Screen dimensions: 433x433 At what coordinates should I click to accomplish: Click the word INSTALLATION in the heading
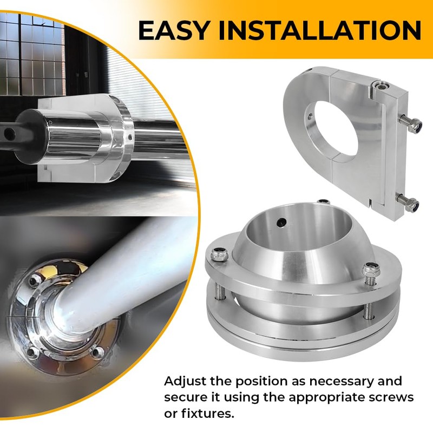tap(319, 30)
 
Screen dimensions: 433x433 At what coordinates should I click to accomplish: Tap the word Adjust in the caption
tap(185, 382)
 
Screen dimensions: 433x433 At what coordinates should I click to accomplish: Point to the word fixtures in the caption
tap(205, 414)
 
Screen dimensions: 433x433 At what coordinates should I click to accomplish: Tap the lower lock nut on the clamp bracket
tap(413, 206)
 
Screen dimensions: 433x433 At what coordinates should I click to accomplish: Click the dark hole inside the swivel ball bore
tap(281, 222)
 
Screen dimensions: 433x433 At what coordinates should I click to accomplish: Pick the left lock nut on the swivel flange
tap(219, 254)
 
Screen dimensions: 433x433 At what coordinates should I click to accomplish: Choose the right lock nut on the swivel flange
tap(371, 270)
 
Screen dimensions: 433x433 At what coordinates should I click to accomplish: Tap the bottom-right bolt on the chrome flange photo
tap(97, 353)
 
